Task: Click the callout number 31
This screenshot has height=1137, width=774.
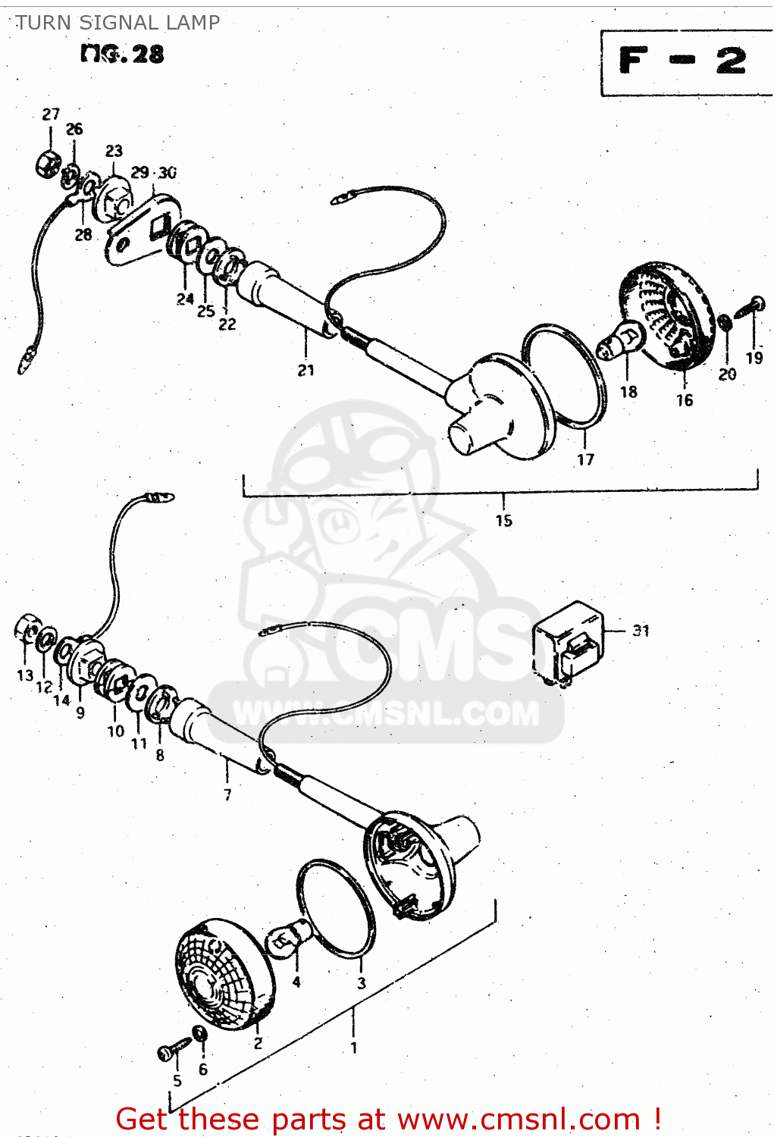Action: tap(641, 631)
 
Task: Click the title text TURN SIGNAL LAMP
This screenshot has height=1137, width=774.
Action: tap(118, 23)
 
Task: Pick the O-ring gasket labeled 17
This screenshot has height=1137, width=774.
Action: tap(565, 379)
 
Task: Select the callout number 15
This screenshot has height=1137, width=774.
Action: tap(504, 521)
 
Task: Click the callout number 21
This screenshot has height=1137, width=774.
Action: tap(306, 370)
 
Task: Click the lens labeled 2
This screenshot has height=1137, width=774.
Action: tap(224, 975)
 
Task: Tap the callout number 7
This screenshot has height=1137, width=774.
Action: tap(227, 794)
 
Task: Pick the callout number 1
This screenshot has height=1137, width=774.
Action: tap(353, 1048)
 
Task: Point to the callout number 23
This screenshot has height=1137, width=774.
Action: tap(114, 151)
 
